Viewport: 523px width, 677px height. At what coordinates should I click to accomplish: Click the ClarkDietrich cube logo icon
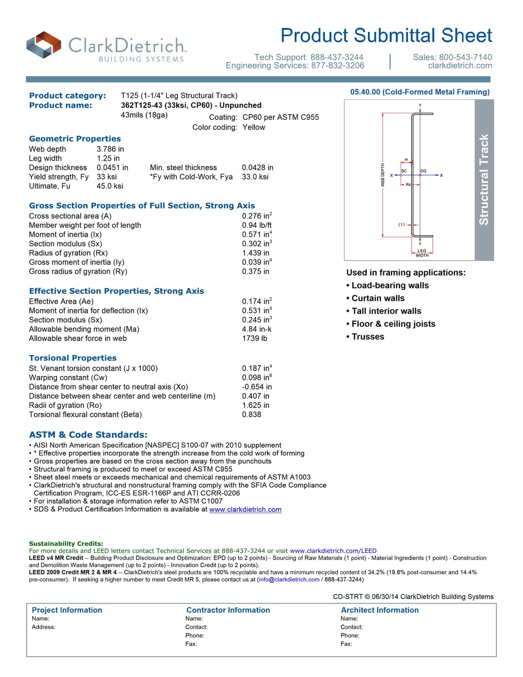[44, 45]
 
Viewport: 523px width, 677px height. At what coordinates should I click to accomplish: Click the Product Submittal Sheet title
[386, 36]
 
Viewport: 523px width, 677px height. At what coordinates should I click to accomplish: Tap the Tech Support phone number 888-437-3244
[337, 57]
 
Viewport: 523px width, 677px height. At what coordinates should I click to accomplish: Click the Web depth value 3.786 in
[110, 149]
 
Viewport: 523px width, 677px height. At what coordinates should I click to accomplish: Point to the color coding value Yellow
[254, 127]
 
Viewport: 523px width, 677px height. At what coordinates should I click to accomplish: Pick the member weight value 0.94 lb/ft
[257, 225]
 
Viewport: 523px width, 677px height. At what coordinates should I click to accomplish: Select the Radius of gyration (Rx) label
[68, 253]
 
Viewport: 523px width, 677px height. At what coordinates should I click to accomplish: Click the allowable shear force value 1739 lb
[255, 338]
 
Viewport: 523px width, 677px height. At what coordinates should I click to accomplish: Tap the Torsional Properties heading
[73, 358]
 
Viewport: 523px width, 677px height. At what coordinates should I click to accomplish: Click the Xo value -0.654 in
[257, 387]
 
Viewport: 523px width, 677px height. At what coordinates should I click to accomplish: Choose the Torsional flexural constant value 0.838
[251, 414]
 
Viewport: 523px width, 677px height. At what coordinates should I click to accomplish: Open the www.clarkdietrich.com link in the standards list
[245, 510]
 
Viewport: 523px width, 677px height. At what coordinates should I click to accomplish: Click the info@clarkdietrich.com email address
[289, 580]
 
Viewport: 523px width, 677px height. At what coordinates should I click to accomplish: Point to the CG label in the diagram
[423, 171]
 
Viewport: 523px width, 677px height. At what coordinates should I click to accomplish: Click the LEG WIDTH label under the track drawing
[422, 253]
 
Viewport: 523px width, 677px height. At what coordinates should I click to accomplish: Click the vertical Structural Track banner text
[484, 180]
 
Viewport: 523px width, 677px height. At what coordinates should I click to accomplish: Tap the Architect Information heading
[380, 610]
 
